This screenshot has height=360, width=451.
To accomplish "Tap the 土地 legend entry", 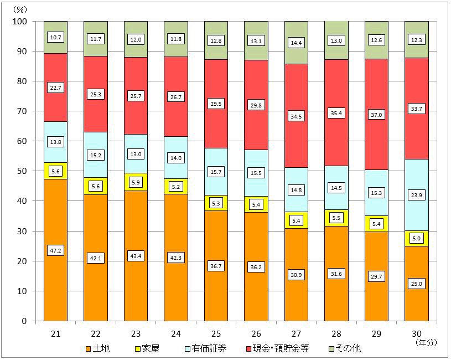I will coord(100,349).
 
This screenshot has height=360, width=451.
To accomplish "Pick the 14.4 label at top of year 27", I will coord(296,43).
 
